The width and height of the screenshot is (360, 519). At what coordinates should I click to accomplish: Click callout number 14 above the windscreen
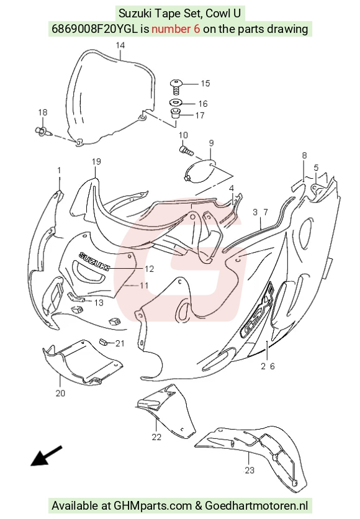(120, 45)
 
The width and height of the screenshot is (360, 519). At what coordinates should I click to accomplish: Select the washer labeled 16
(176, 102)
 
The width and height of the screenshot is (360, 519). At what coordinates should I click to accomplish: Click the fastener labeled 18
(43, 131)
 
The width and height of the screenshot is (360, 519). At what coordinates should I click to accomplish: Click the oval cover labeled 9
(199, 171)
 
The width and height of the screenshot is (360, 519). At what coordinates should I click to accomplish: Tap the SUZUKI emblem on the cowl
(94, 261)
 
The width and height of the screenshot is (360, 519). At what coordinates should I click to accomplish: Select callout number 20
(60, 393)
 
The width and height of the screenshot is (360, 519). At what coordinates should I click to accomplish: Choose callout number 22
(156, 437)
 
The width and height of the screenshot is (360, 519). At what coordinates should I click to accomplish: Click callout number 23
(250, 469)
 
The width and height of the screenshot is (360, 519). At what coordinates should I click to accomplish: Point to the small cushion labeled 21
(104, 342)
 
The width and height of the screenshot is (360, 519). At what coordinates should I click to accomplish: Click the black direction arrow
(47, 456)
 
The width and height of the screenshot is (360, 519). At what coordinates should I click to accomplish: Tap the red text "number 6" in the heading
(176, 29)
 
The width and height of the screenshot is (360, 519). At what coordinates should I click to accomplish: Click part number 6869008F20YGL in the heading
(94, 29)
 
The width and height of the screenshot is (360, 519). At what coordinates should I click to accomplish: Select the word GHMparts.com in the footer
(153, 506)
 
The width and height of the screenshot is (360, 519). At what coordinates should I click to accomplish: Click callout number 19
(96, 161)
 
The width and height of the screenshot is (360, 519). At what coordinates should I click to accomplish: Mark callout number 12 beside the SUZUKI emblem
(150, 269)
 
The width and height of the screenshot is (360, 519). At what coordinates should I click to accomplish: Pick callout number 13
(99, 302)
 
